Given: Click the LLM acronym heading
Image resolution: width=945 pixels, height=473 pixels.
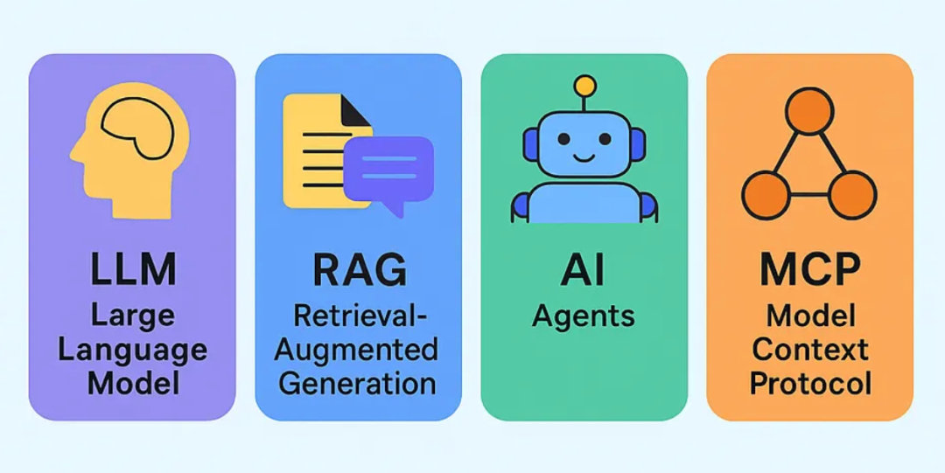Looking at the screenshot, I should click(x=131, y=268).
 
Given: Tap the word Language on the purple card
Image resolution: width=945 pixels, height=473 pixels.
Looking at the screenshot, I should click(x=132, y=350).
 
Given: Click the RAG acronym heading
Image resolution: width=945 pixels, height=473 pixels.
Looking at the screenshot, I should click(x=359, y=268).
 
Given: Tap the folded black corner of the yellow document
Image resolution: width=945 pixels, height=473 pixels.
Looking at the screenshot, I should click(x=354, y=110).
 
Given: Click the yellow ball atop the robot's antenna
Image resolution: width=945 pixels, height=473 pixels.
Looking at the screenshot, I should click(x=584, y=86).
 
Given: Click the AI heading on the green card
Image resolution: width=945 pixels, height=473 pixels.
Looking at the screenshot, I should click(x=584, y=268).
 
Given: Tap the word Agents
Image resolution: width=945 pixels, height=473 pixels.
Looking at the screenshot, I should click(x=584, y=316).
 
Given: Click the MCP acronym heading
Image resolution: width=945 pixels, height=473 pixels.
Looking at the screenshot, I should click(x=809, y=268).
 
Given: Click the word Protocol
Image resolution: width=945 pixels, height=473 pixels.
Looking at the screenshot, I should click(x=810, y=383).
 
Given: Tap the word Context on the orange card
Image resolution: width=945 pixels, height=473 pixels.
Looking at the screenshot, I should click(x=810, y=350).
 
